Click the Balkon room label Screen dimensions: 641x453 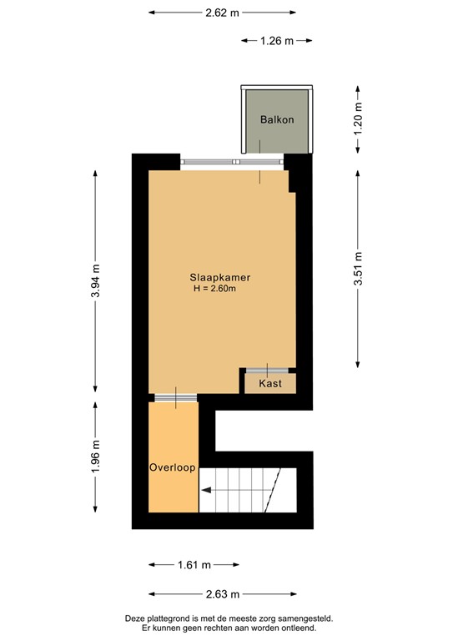(x=276, y=119)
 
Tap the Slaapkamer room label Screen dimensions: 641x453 (x=220, y=277)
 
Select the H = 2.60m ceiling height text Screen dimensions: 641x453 (x=215, y=290)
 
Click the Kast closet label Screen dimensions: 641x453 (x=269, y=384)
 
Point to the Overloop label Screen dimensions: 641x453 (x=173, y=468)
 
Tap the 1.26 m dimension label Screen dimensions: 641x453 (x=276, y=40)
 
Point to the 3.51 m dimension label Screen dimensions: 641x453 (x=358, y=269)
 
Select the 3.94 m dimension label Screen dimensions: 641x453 (x=96, y=280)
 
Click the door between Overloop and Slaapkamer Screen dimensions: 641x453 (x=175, y=397)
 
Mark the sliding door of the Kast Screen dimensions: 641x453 (x=267, y=370)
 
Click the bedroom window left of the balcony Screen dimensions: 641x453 (x=214, y=162)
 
